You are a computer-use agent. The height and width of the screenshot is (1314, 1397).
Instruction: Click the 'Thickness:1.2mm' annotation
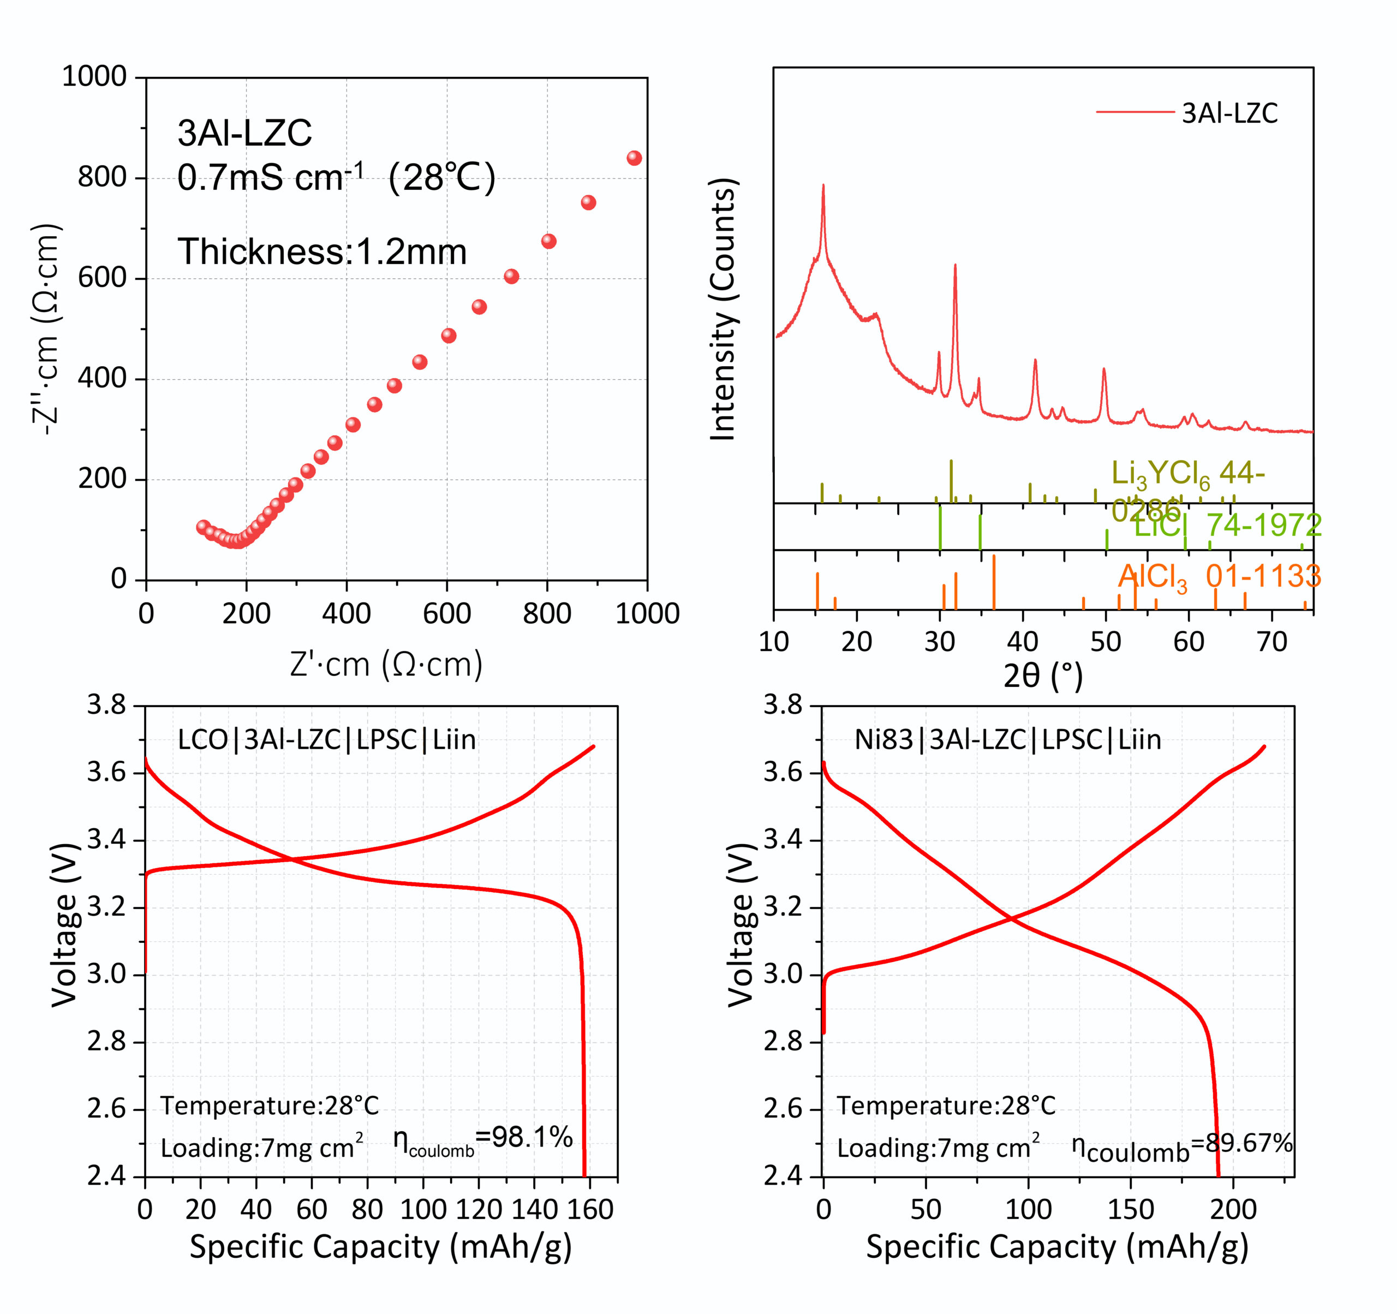point(322,252)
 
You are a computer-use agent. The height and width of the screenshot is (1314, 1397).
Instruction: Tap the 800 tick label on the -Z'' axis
point(102,177)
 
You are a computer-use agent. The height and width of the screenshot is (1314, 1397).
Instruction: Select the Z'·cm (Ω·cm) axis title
point(386,664)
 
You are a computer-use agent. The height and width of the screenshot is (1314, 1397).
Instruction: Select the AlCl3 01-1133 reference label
point(1219,577)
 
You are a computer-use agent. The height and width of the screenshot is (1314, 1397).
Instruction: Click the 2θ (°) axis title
point(1043,676)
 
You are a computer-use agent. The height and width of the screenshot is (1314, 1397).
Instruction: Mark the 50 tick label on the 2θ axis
point(1106,642)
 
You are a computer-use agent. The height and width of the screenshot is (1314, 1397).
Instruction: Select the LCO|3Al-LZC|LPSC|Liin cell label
point(327,740)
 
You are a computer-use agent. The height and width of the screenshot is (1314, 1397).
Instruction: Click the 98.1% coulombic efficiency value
point(532,1137)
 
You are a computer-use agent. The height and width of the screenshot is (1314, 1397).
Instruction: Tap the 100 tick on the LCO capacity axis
point(422,1210)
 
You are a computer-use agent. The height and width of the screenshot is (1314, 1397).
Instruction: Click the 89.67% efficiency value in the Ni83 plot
point(1248,1143)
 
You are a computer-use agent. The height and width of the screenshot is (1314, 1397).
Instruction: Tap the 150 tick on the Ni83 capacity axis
point(1131,1210)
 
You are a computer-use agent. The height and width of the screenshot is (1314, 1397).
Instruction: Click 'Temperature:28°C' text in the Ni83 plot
point(946,1106)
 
